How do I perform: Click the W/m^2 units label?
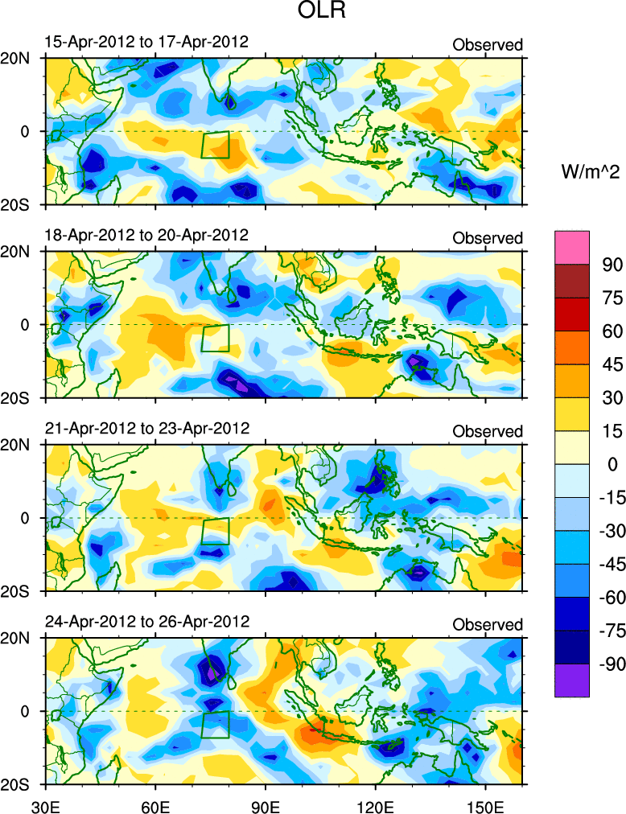tap(589, 171)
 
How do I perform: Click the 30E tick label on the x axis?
tap(43, 804)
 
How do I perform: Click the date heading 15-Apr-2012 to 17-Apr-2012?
tap(146, 42)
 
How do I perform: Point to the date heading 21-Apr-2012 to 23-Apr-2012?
tap(146, 428)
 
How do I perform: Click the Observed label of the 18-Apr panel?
tap(488, 238)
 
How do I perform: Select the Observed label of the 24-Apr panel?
tap(488, 625)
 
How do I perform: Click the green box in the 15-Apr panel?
tap(216, 145)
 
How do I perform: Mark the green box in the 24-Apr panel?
tap(216, 725)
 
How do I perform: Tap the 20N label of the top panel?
tap(20, 58)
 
